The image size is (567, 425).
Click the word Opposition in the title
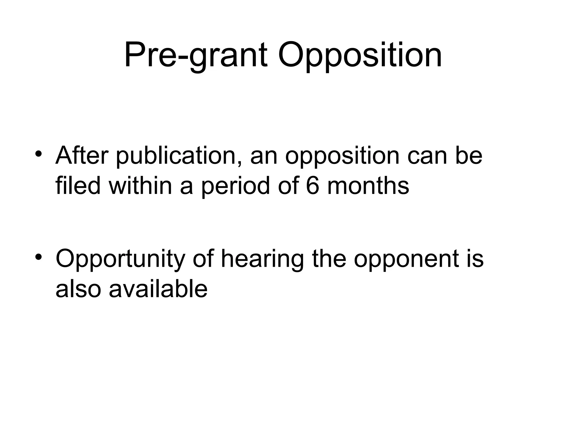360,55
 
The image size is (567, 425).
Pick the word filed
78,186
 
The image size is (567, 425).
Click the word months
368,186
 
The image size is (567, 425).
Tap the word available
158,289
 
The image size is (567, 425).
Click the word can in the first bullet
426,157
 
